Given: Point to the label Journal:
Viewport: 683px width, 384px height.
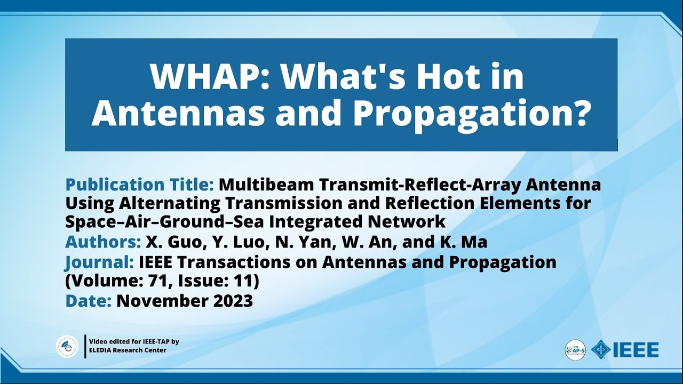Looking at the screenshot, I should tap(99, 262).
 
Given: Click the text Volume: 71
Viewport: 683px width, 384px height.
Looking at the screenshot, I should tap(108, 281).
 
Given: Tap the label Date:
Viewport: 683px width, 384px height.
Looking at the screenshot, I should tap(88, 301).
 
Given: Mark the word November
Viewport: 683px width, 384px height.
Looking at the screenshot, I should tap(160, 301).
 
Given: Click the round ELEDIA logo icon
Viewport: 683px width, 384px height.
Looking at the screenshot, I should tap(67, 347).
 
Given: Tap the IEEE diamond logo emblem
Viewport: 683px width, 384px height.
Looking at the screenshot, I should tap(601, 350).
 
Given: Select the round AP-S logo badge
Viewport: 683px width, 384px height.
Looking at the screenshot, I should tap(575, 350).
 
